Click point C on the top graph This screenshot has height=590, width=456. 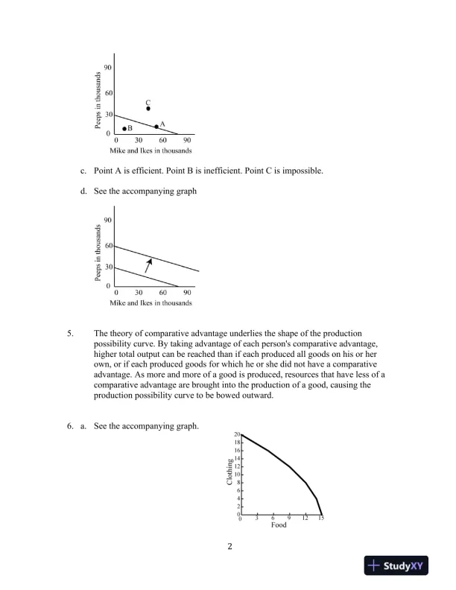(x=148, y=109)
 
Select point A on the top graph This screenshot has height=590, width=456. (x=156, y=127)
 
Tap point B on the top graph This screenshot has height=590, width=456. (x=124, y=129)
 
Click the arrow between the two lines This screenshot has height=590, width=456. (x=149, y=264)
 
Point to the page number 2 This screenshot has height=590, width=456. (x=230, y=548)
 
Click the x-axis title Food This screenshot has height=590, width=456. (x=279, y=525)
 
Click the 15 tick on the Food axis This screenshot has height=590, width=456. (x=321, y=518)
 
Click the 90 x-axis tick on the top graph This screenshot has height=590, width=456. (x=188, y=140)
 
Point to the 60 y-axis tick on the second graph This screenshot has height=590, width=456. (x=109, y=246)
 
